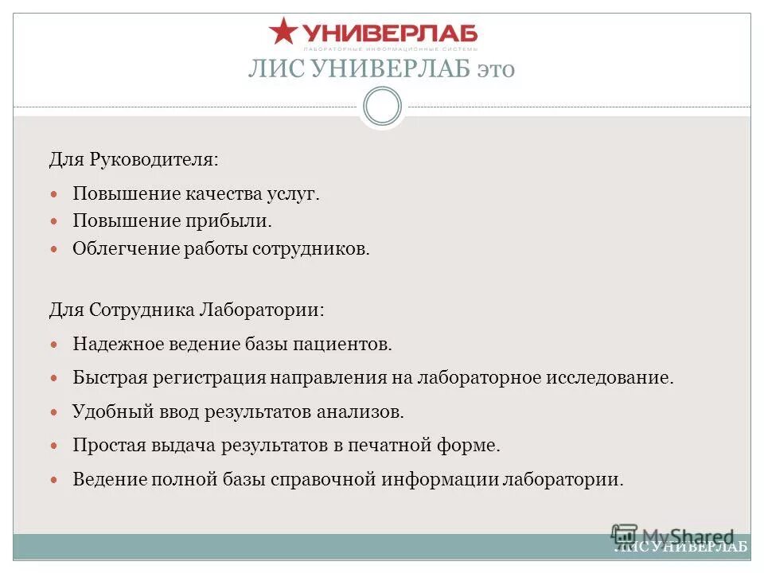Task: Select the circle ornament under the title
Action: point(382,107)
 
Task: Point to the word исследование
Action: point(609,377)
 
